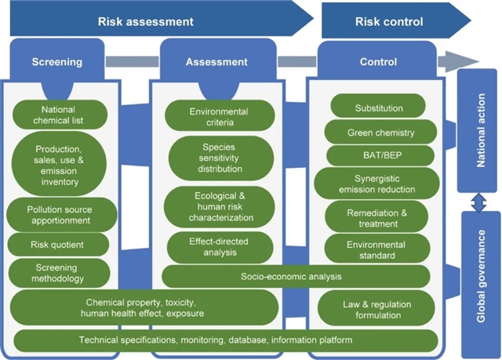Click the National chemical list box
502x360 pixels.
(x=62, y=115)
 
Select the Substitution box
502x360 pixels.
(x=379, y=108)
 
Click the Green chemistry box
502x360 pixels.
(x=380, y=133)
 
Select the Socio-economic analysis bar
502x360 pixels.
(x=296, y=277)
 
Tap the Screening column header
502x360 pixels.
(x=56, y=62)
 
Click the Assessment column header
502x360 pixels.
(x=216, y=62)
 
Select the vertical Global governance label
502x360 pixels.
(x=482, y=275)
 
